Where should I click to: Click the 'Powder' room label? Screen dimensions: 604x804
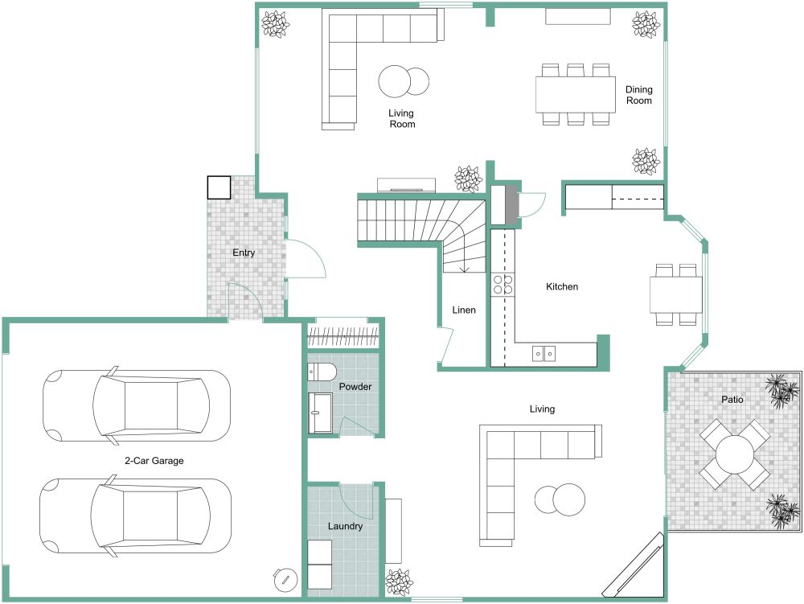(355, 387)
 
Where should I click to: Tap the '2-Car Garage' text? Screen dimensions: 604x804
(154, 462)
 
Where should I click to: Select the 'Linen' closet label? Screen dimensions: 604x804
(464, 310)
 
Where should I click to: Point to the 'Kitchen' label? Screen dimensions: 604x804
(562, 287)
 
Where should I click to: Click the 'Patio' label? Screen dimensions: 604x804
(732, 399)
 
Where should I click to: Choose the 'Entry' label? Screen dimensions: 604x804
(244, 253)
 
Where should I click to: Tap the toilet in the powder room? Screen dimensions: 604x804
(322, 372)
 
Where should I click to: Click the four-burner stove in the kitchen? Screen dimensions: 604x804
(503, 284)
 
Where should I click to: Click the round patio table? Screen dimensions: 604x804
(734, 455)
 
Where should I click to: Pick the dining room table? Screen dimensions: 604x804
(575, 94)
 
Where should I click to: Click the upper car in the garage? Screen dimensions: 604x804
(136, 405)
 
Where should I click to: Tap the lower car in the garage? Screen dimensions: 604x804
(136, 516)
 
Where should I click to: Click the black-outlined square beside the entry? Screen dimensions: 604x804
(219, 187)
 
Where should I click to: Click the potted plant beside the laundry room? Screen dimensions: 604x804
(399, 581)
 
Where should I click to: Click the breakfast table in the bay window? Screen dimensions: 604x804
(676, 294)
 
